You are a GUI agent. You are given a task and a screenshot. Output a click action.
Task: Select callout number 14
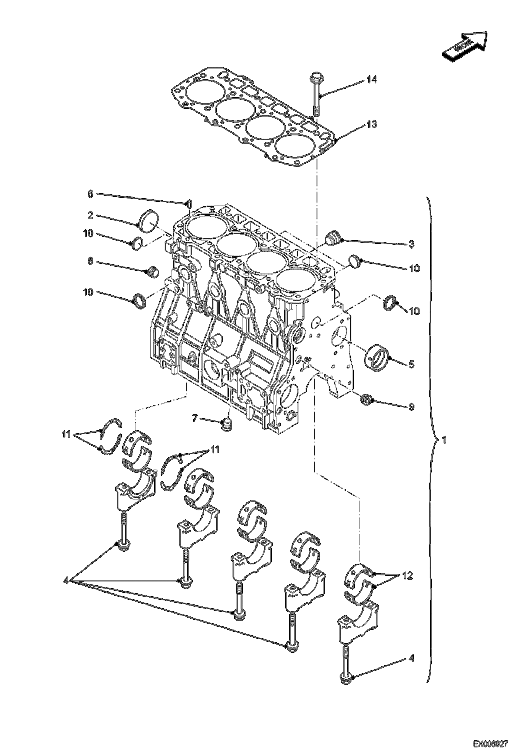pyautogui.click(x=372, y=80)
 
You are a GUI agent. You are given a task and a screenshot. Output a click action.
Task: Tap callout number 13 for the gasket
pyautogui.click(x=372, y=125)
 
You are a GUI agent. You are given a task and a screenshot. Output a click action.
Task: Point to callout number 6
pyautogui.click(x=90, y=194)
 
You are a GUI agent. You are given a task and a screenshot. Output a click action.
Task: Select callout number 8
pyautogui.click(x=90, y=262)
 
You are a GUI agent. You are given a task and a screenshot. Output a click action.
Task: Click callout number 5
pyautogui.click(x=411, y=364)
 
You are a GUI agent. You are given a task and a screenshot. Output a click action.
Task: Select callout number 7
pyautogui.click(x=195, y=418)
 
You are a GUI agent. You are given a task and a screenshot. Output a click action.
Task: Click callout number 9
pyautogui.click(x=411, y=407)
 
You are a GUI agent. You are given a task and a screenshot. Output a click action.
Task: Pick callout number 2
pyautogui.click(x=90, y=215)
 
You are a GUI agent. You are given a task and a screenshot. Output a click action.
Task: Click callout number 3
pyautogui.click(x=411, y=244)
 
